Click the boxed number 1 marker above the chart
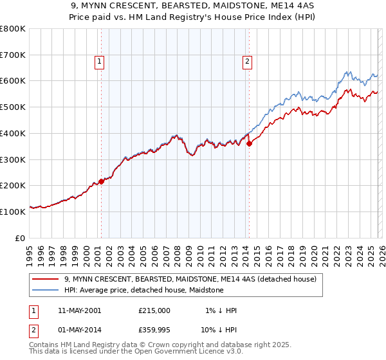coord(100,62)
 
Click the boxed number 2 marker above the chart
coord(248,62)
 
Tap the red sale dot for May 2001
coord(101,182)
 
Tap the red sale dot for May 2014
coord(249,144)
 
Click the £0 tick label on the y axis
coord(21,237)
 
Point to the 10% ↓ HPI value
coord(219,330)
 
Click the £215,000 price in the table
coord(154,310)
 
